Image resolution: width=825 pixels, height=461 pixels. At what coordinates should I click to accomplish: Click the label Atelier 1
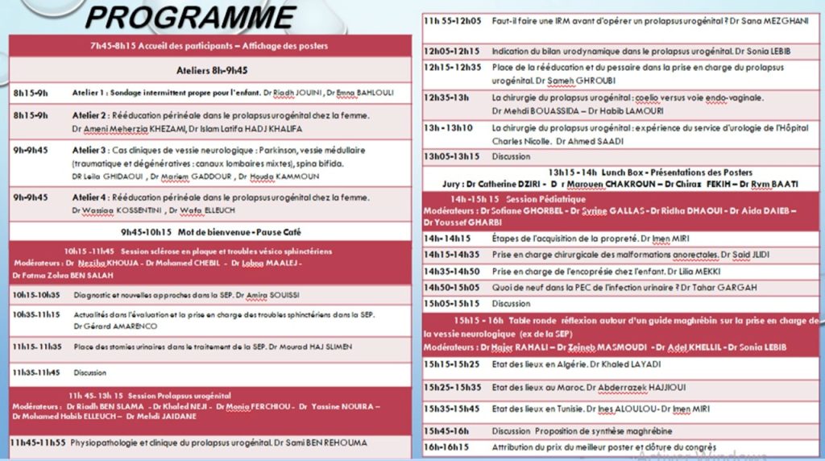[x=89, y=93]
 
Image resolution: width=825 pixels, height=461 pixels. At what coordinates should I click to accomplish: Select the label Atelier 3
[x=89, y=150]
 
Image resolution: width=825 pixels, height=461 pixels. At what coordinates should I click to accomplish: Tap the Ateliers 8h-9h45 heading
[x=211, y=70]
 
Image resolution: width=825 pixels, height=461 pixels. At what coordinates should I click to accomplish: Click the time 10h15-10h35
[x=36, y=295]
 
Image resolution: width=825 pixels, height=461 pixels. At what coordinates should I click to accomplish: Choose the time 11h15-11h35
[x=36, y=347]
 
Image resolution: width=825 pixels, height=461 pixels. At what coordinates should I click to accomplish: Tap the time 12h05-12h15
[x=451, y=51]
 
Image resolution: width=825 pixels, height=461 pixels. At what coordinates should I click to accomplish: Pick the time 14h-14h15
[x=447, y=239]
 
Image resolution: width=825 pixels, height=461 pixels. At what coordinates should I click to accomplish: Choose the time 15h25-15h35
[x=451, y=387]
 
